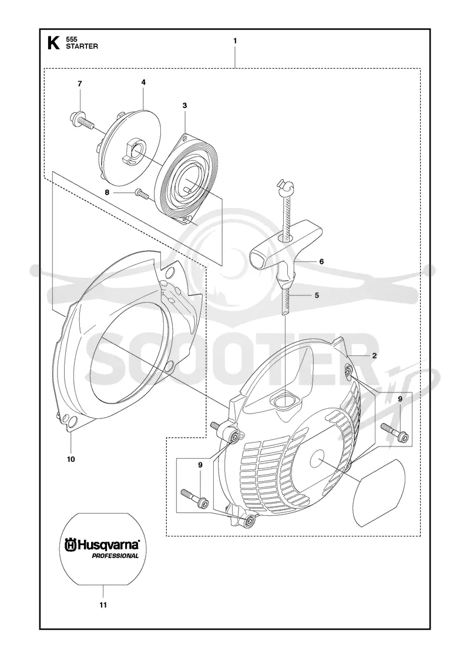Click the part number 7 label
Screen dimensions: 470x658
click(x=80, y=84)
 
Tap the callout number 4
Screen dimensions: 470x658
click(x=143, y=83)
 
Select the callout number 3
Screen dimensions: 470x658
click(x=184, y=105)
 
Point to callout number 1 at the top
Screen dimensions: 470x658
click(x=235, y=41)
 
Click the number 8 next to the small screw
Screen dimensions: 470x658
click(x=107, y=192)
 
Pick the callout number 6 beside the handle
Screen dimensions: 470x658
click(x=321, y=261)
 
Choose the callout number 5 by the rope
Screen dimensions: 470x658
click(x=317, y=296)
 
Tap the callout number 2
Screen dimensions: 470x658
click(x=374, y=355)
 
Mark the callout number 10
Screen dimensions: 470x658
click(x=71, y=459)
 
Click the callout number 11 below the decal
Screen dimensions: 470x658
click(x=103, y=605)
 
